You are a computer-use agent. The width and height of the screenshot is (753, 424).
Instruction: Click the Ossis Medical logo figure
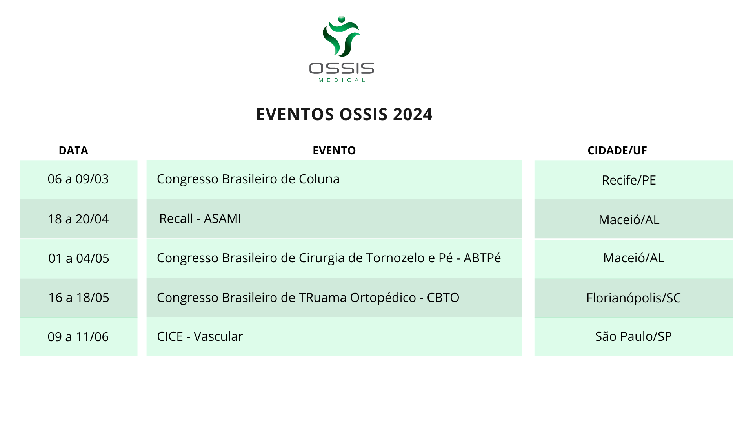341,36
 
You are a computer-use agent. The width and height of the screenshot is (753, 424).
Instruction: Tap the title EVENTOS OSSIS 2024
344,114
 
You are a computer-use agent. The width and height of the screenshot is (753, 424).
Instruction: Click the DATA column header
73,150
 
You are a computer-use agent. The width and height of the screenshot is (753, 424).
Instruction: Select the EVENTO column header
334,150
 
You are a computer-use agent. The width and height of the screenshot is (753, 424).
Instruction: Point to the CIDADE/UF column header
617,150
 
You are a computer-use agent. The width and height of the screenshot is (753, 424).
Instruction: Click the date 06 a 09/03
78,179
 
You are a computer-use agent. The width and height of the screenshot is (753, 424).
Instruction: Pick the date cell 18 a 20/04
78,219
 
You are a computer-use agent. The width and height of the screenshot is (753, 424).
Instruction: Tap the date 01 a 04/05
78,258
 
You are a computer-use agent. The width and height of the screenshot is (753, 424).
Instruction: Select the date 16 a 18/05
78,298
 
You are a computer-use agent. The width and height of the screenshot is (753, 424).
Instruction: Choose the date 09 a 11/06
78,337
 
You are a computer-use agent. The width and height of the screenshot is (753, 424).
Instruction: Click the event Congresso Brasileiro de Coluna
248,179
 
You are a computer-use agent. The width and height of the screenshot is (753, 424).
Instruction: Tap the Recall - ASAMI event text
200,219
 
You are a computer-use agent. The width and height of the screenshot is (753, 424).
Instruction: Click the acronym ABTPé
482,258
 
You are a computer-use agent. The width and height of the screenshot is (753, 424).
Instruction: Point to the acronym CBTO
443,298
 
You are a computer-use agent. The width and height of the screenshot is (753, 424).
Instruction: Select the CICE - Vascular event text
200,336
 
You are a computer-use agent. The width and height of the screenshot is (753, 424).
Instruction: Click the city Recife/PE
629,180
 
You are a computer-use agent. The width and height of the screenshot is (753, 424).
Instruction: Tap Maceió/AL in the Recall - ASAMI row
629,220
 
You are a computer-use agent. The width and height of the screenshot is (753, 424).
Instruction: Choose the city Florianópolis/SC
633,298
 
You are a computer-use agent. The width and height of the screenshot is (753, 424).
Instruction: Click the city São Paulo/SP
633,336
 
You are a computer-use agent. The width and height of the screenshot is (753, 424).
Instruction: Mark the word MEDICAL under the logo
342,80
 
